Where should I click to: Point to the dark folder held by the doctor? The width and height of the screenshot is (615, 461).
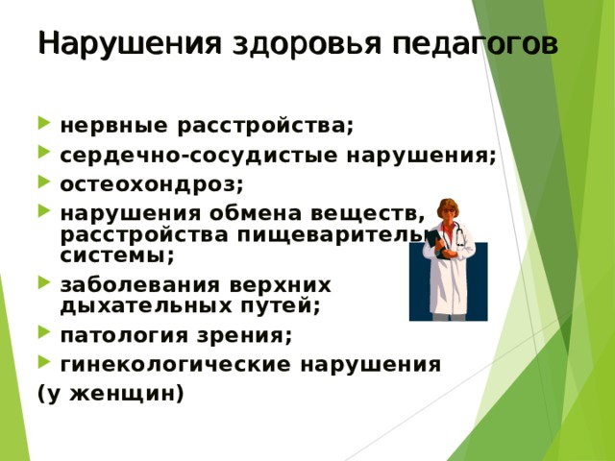[436, 244]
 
